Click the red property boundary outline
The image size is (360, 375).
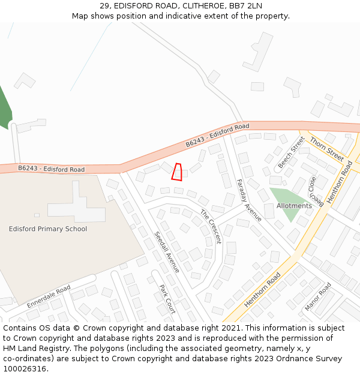[x=177, y=172]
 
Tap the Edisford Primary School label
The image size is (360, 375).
[x=48, y=229]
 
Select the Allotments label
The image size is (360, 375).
[x=294, y=206]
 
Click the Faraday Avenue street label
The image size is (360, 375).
[x=249, y=200]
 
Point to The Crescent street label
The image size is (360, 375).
[x=211, y=226]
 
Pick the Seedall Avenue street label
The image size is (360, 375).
[x=167, y=252]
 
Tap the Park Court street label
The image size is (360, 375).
[x=167, y=299]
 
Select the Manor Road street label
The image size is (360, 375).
[x=318, y=296]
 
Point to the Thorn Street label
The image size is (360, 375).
[x=326, y=148]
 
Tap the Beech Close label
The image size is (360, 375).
[x=317, y=191]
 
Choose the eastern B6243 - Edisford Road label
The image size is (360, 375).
[x=217, y=135]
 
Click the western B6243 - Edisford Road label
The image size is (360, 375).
[x=51, y=169]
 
